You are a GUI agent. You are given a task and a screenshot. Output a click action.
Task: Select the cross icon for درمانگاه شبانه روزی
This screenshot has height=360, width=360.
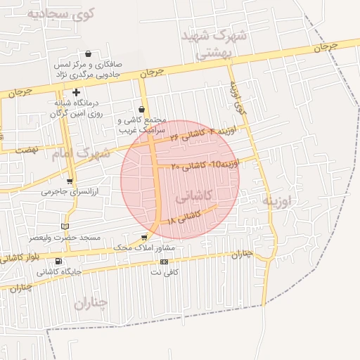click(77, 92)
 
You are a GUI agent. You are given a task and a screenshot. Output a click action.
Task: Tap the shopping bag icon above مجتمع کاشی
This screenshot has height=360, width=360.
click(143, 109)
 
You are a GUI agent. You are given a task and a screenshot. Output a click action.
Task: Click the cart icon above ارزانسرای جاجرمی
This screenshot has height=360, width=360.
click(69, 181)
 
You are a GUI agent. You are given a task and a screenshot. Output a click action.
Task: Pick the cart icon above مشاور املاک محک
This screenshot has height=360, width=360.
click(144, 238)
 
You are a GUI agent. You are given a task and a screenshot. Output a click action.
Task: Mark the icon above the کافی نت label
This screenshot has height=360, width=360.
click(165, 261)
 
